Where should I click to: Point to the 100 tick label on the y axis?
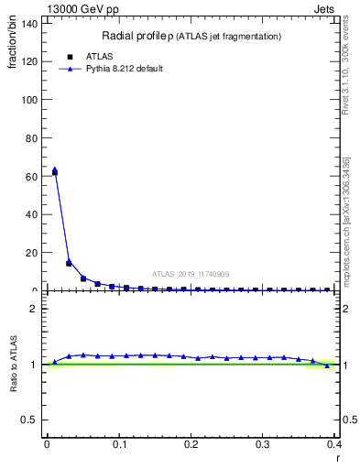click(32, 99)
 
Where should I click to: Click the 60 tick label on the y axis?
click(35, 176)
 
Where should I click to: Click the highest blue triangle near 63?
click(54, 169)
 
